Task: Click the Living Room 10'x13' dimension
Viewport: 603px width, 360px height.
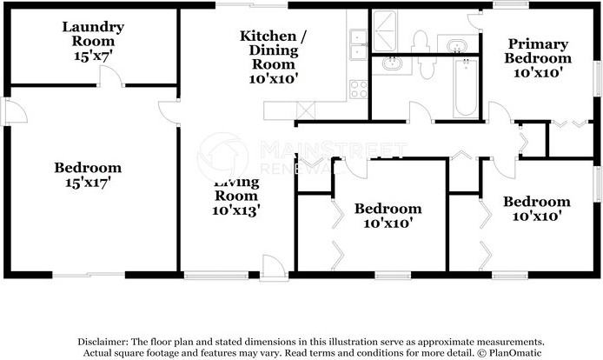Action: click(x=236, y=210)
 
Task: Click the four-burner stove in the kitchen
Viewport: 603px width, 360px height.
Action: click(x=358, y=87)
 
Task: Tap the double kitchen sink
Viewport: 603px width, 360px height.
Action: click(x=358, y=43)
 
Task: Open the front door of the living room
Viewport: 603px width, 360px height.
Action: click(x=273, y=266)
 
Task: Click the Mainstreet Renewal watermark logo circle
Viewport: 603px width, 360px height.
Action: click(x=223, y=157)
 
